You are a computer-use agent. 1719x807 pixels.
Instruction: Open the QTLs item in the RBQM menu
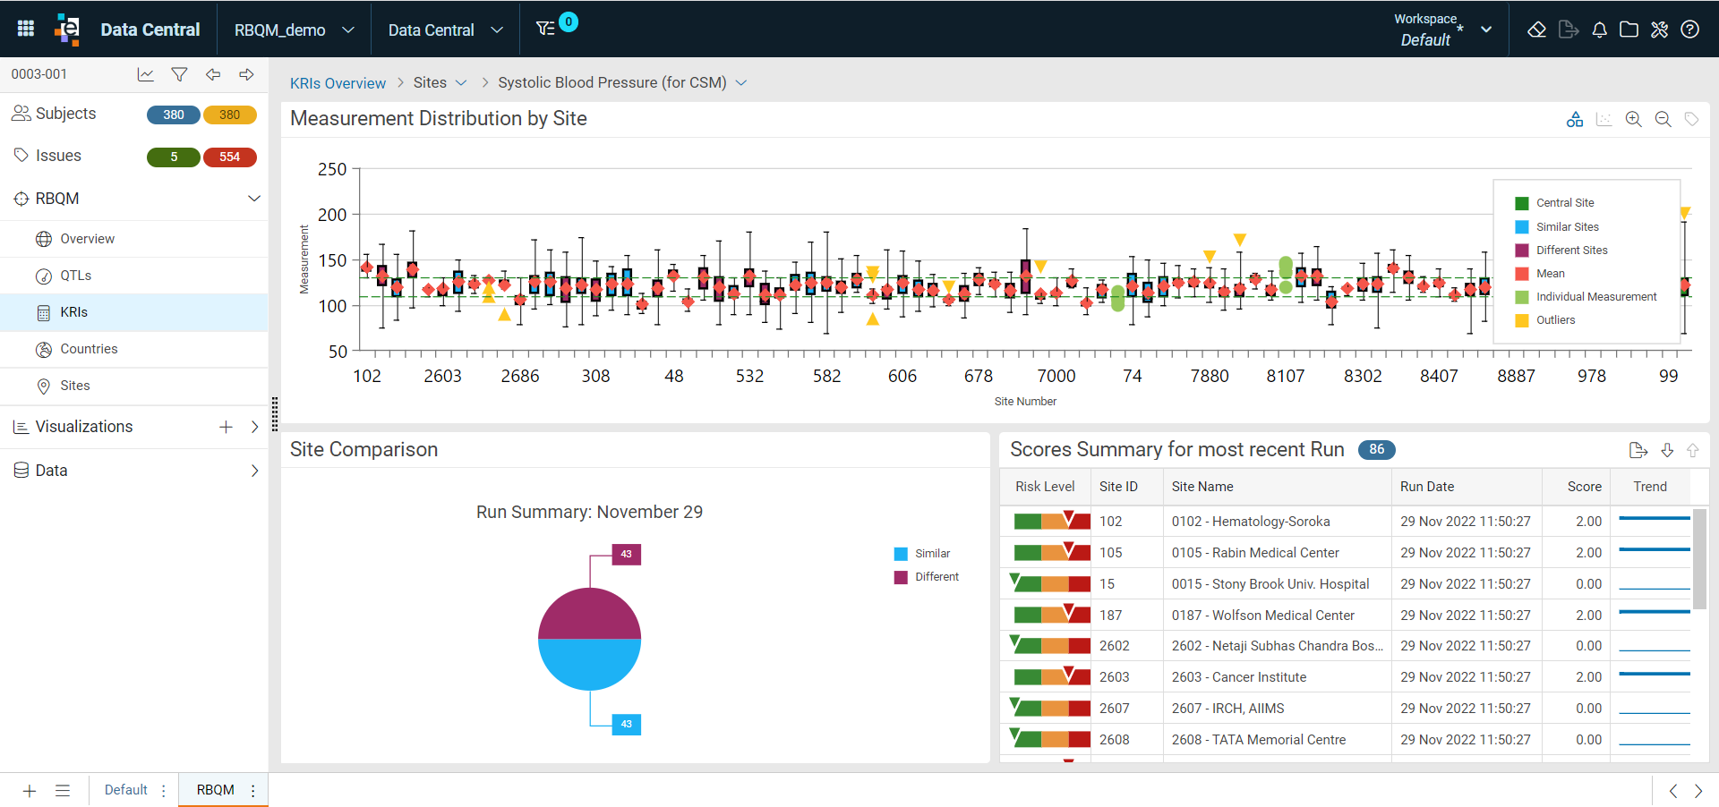tap(75, 276)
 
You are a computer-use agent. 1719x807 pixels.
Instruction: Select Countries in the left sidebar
tap(89, 349)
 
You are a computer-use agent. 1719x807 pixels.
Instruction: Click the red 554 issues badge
tap(230, 157)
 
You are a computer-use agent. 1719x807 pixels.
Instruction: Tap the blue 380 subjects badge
tap(174, 115)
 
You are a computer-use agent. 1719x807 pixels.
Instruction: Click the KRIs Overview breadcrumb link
tap(338, 83)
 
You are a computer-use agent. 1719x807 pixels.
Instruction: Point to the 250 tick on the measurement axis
tap(332, 169)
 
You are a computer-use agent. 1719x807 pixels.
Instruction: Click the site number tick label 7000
tap(1056, 376)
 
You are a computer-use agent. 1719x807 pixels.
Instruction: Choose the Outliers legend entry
tap(1555, 320)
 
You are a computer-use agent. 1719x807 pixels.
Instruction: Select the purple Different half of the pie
tap(589, 614)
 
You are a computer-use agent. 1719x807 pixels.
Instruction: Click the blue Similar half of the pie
tap(589, 664)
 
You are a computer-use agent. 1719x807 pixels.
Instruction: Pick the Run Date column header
tap(1427, 487)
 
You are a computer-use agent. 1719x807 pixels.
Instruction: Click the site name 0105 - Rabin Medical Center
tap(1255, 553)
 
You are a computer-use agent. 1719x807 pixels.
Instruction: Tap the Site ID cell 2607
tap(1115, 709)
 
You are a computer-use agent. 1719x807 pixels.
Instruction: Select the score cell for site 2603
tap(1588, 677)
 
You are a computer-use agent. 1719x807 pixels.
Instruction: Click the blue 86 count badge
tap(1377, 449)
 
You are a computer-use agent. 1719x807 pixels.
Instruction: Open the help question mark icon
tap(1689, 30)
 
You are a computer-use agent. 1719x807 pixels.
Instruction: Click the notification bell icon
tap(1599, 30)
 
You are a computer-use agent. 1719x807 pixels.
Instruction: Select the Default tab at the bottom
tap(126, 790)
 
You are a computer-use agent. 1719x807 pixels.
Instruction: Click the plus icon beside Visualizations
tap(226, 427)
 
